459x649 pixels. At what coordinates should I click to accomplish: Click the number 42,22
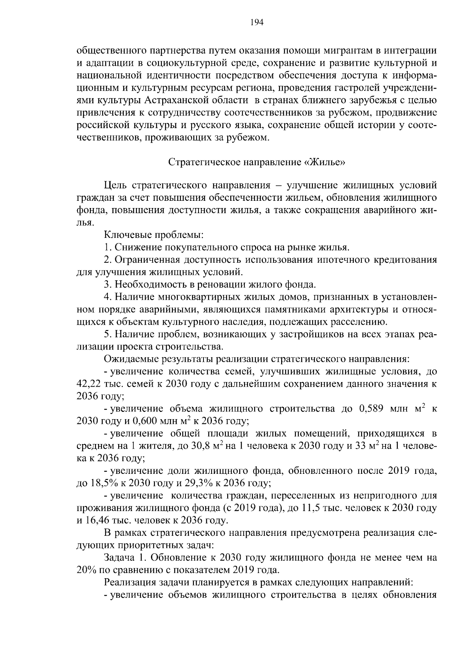[88, 384]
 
